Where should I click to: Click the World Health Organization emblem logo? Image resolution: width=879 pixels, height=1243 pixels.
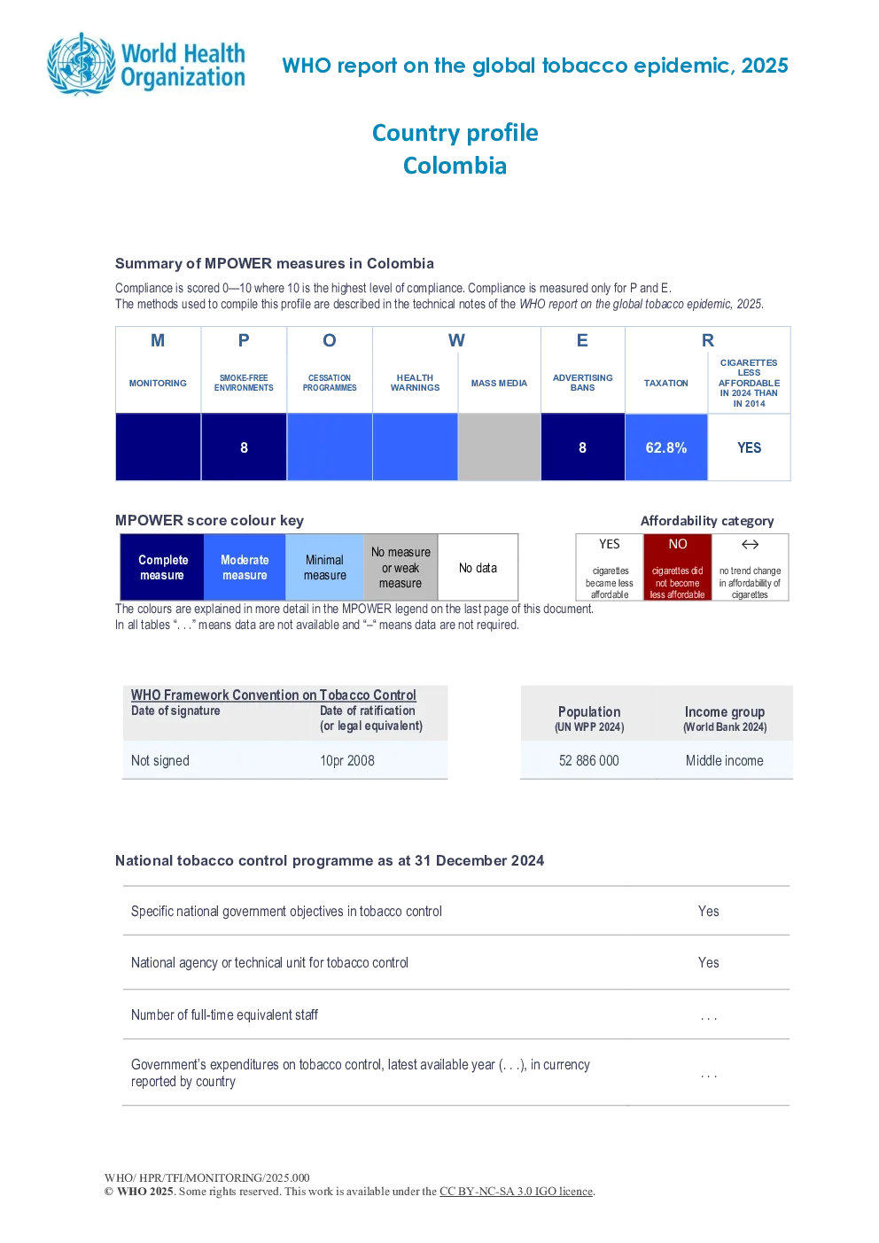click(82, 65)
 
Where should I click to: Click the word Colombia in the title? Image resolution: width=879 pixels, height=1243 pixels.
click(455, 166)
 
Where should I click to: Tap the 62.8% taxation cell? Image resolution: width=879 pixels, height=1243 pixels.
click(666, 447)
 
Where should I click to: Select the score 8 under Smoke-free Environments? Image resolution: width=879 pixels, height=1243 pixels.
click(244, 447)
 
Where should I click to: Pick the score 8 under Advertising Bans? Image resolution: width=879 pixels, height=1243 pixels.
click(582, 447)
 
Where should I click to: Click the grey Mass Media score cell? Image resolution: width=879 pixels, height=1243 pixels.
click(499, 447)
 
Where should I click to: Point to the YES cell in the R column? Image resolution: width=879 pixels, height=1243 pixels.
click(749, 447)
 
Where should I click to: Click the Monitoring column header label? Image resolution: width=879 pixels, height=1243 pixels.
click(158, 383)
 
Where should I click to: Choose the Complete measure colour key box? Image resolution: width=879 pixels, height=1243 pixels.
click(162, 567)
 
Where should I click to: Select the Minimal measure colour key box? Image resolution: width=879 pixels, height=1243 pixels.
click(324, 567)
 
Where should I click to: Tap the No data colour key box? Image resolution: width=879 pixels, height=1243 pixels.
click(478, 567)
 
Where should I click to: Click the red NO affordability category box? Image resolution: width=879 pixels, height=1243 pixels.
click(678, 567)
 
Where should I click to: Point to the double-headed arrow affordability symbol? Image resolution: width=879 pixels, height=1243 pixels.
click(750, 544)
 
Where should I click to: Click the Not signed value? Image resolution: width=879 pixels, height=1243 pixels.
click(159, 760)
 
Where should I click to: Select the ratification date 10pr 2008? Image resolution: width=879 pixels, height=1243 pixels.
click(346, 760)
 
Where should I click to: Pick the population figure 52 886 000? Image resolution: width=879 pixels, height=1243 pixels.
click(588, 760)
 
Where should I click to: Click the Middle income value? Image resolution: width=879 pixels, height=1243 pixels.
click(724, 760)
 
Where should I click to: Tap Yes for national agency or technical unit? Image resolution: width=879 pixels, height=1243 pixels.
click(708, 962)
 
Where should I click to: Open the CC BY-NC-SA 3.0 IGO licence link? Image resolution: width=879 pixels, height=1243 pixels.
click(516, 1192)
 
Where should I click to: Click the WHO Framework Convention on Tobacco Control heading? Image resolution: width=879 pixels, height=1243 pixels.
click(273, 695)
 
